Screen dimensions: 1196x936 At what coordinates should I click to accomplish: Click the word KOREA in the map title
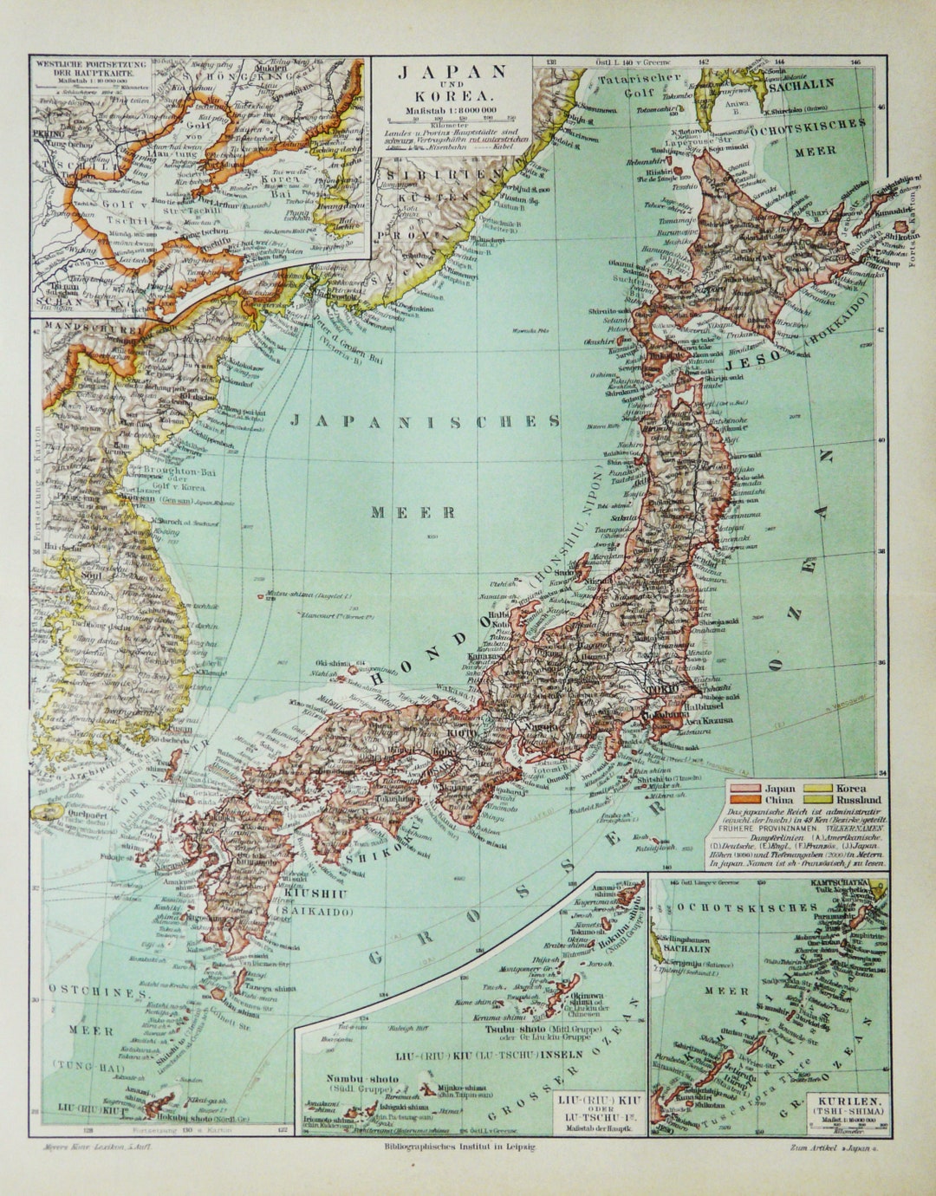coord(452,95)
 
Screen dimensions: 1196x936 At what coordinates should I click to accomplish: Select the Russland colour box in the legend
coord(816,800)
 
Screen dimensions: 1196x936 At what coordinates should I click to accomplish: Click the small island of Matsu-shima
coord(262,596)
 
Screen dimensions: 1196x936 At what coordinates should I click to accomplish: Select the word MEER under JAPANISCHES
coord(414,511)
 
